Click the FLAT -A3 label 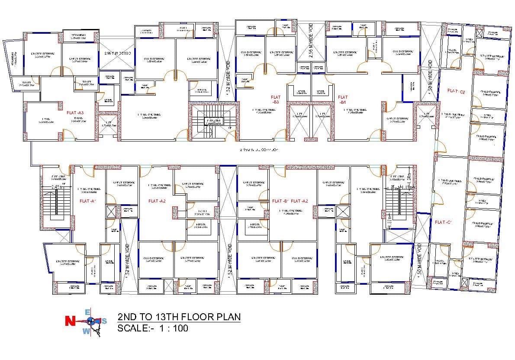pyautogui.click(x=75, y=112)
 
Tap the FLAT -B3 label pyautogui.click(x=276, y=100)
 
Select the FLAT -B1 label pyautogui.click(x=343, y=100)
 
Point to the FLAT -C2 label pyautogui.click(x=456, y=91)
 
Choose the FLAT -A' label pyautogui.click(x=87, y=201)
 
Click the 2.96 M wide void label pyautogui.click(x=118, y=53)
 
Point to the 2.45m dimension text pyautogui.click(x=56, y=187)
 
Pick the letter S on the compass pyautogui.click(x=104, y=321)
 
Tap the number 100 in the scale pyautogui.click(x=180, y=328)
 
